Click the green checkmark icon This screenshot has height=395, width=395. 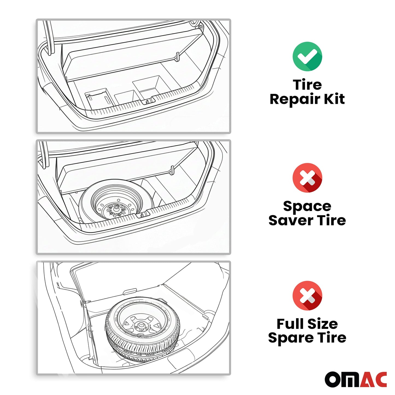pyautogui.click(x=307, y=56)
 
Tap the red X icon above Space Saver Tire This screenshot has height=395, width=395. pyautogui.click(x=307, y=177)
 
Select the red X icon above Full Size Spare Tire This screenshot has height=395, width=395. pyautogui.click(x=307, y=295)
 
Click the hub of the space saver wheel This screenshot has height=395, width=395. pyautogui.click(x=116, y=208)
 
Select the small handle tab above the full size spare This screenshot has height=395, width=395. pyautogui.click(x=130, y=291)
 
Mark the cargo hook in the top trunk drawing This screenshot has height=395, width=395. pyautogui.click(x=177, y=56)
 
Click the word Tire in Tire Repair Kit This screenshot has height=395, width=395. pyautogui.click(x=307, y=85)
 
